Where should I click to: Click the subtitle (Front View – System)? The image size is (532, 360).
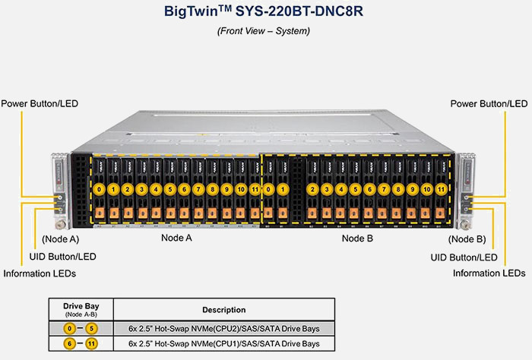coord(264,31)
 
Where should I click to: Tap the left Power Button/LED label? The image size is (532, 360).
coord(40,103)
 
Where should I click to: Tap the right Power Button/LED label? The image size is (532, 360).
coord(489,103)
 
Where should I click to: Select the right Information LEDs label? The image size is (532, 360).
coord(489,273)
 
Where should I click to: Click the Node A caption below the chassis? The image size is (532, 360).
coord(176,238)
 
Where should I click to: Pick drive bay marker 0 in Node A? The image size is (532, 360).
coord(99,188)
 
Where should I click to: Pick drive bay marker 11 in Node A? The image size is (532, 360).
coord(255,188)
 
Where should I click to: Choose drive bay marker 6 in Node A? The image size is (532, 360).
coord(184,188)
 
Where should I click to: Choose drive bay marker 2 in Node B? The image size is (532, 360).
coord(312,188)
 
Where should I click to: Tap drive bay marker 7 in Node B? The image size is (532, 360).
coord(384,188)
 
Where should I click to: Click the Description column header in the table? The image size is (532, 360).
coord(224,310)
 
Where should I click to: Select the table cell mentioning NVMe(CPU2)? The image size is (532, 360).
coord(224,329)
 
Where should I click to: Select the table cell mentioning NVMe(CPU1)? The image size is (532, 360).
coord(224,344)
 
